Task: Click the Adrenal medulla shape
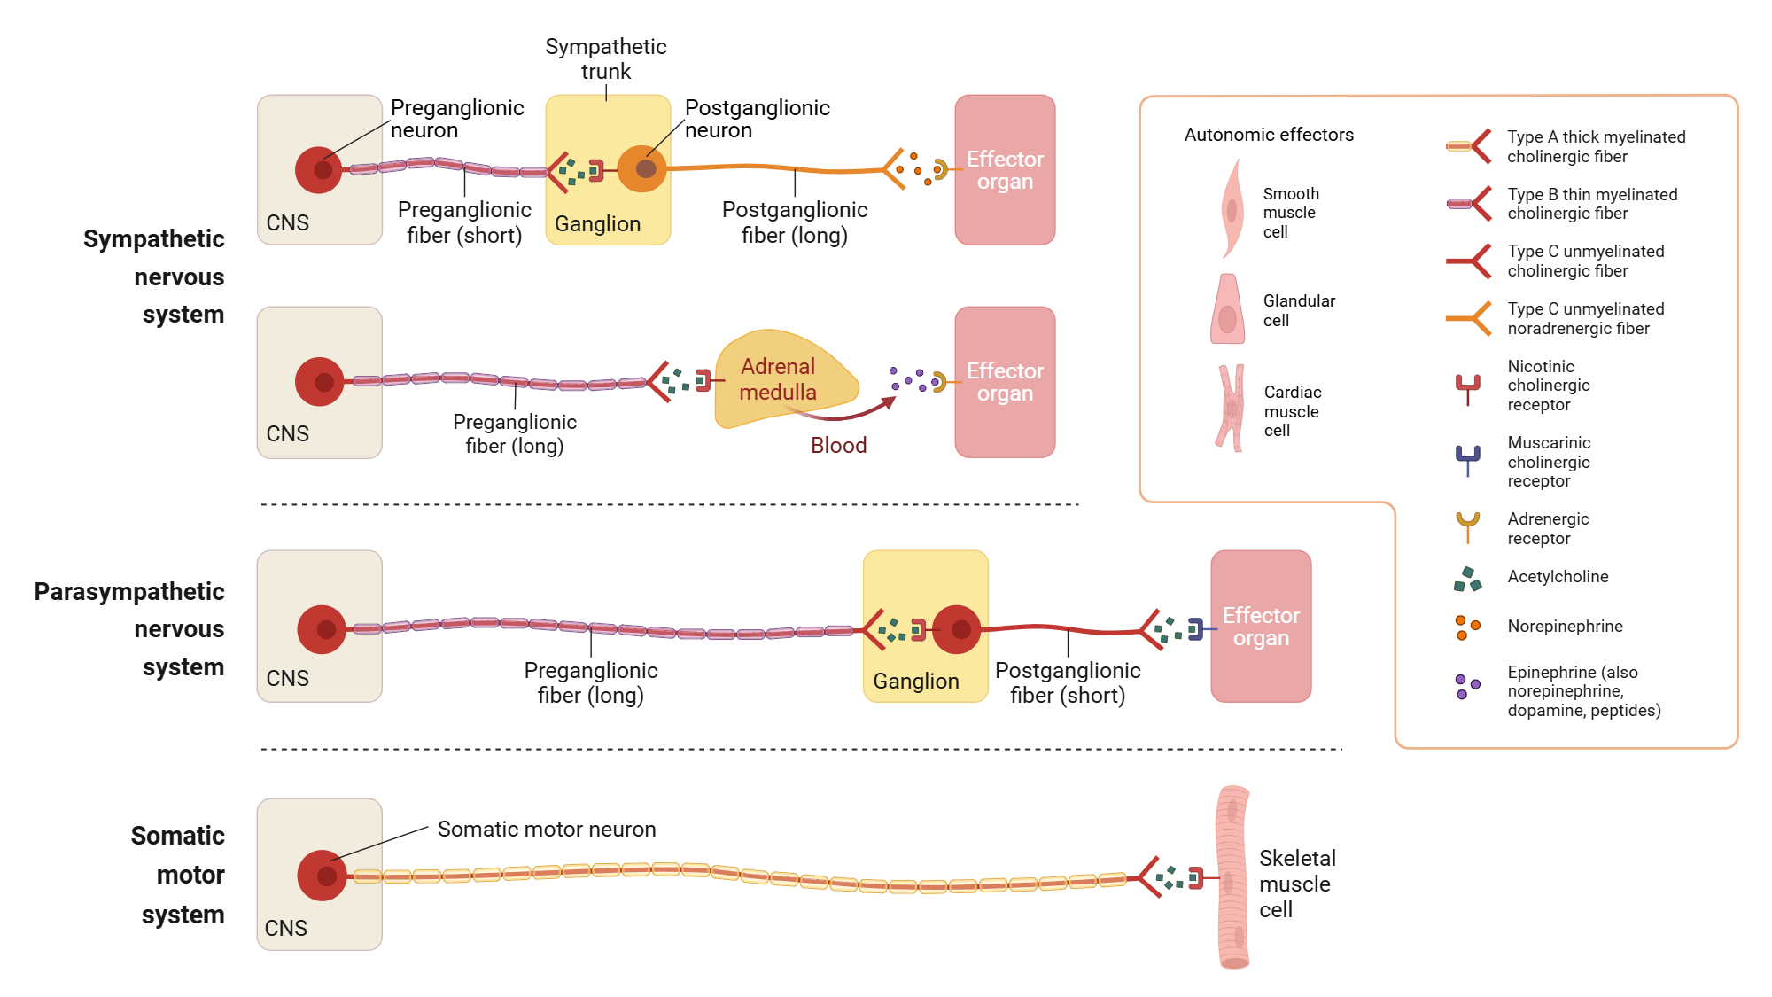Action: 780,380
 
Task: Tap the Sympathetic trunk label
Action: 606,58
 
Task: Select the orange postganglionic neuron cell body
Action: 641,168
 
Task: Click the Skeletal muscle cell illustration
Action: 1232,877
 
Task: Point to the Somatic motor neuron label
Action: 547,830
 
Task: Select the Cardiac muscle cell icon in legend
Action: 1231,409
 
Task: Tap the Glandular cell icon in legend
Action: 1227,309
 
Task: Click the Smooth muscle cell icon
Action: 1231,209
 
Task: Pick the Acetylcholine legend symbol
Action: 1467,580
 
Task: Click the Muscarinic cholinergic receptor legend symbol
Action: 1468,460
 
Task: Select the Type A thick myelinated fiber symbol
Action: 1469,146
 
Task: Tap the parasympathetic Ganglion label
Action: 916,682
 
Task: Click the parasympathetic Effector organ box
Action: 1261,627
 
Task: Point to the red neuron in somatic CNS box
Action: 322,876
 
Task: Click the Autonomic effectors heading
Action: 1269,135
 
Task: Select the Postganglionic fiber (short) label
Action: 1068,683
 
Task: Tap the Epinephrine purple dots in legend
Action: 1467,686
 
